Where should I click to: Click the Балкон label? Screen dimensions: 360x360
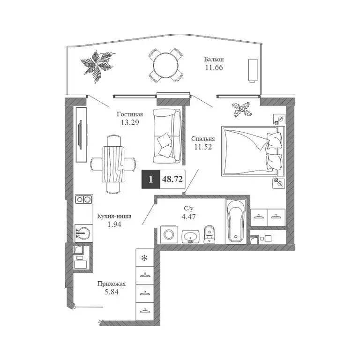pyautogui.click(x=214, y=60)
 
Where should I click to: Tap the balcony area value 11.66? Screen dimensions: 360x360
pyautogui.click(x=214, y=67)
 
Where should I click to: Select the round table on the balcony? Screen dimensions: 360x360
pyautogui.click(x=166, y=65)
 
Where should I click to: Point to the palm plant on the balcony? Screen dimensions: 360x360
pyautogui.click(x=97, y=67)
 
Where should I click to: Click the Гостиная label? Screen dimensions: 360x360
pyautogui.click(x=130, y=114)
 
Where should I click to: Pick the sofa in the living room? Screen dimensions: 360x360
pyautogui.click(x=167, y=136)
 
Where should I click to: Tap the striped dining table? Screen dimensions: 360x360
pyautogui.click(x=113, y=165)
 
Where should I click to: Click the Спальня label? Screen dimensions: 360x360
pyautogui.click(x=203, y=139)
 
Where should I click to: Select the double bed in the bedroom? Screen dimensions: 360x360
pyautogui.click(x=253, y=151)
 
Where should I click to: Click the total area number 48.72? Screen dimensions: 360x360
pyautogui.click(x=172, y=179)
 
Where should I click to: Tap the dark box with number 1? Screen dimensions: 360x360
pyautogui.click(x=150, y=180)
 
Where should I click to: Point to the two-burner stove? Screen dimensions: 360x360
pyautogui.click(x=83, y=199)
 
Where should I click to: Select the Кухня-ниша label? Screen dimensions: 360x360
pyautogui.click(x=114, y=216)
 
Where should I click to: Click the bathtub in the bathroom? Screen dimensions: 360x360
pyautogui.click(x=236, y=221)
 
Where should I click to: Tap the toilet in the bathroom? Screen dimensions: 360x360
pyautogui.click(x=209, y=234)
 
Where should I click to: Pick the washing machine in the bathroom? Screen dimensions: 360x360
pyautogui.click(x=169, y=235)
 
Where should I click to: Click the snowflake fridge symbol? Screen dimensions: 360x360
pyautogui.click(x=144, y=258)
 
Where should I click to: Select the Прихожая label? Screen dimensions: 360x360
pyautogui.click(x=112, y=284)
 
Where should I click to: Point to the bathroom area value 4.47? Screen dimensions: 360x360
pyautogui.click(x=189, y=216)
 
